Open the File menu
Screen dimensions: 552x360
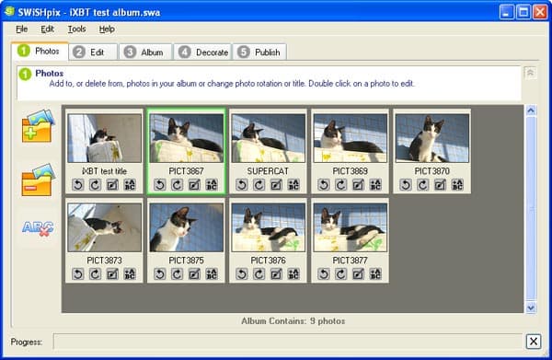[21, 29]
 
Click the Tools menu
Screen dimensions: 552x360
[76, 29]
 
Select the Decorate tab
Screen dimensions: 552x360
[203, 52]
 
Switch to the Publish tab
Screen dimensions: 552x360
[259, 52]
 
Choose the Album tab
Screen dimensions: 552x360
[145, 52]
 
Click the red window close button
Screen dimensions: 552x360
[539, 13]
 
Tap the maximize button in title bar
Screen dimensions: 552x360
[523, 13]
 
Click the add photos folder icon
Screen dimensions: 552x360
[38, 126]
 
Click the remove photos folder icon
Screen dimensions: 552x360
[38, 180]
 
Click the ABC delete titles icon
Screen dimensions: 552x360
[38, 228]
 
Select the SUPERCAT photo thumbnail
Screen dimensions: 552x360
[269, 138]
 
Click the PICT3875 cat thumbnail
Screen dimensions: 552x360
[187, 227]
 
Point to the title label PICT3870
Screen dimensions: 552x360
[432, 171]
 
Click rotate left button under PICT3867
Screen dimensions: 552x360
[160, 184]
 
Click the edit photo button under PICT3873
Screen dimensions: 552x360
[112, 273]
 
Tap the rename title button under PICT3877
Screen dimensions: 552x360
[375, 273]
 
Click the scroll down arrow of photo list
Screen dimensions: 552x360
[531, 308]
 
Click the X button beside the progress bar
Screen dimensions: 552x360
[534, 342]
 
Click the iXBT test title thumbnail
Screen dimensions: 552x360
[105, 138]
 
